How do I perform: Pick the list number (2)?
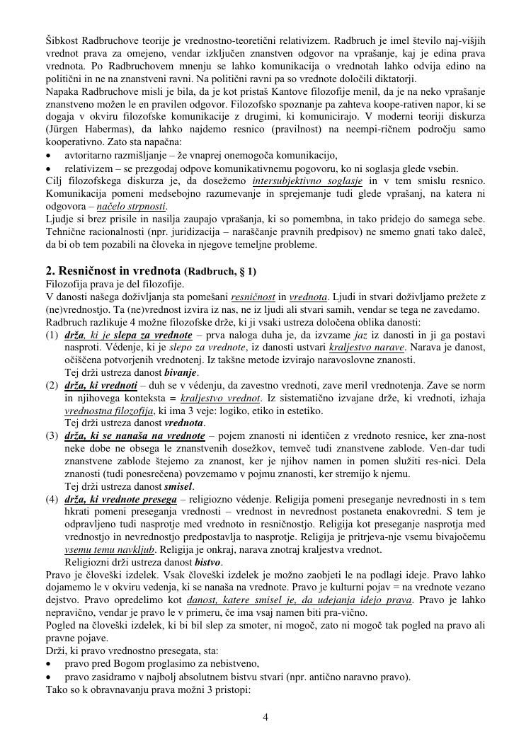pyautogui.click(x=52, y=385)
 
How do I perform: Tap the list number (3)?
pyautogui.click(x=52, y=436)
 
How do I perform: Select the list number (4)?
pyautogui.click(x=52, y=499)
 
